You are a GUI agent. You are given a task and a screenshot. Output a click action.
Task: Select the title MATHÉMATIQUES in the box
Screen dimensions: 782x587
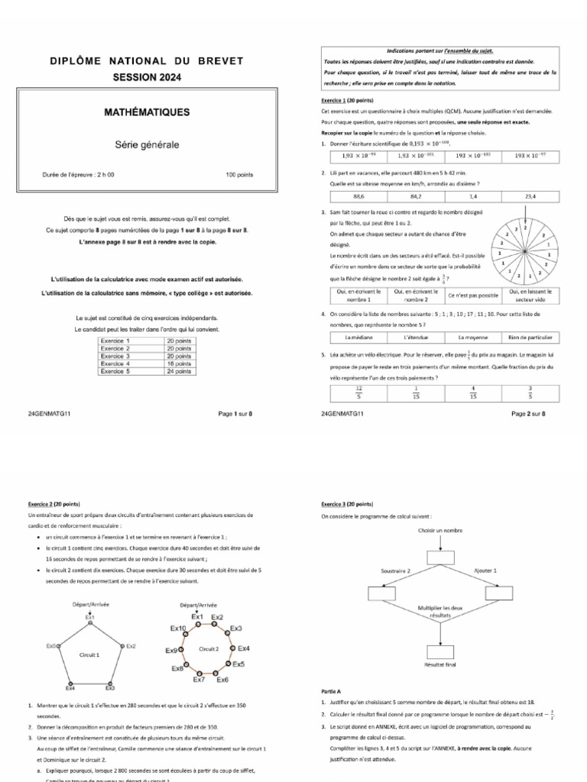click(147, 112)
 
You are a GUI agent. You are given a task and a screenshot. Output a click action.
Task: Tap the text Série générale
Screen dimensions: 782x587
click(147, 144)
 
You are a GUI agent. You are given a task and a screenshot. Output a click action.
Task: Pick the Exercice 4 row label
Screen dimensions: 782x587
click(115, 364)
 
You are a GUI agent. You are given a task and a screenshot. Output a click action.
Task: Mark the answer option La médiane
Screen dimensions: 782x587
click(358, 337)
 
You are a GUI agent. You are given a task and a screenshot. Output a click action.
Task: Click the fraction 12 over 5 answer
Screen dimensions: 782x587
click(358, 392)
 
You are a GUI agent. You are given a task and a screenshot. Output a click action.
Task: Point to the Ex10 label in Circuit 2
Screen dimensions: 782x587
click(177, 628)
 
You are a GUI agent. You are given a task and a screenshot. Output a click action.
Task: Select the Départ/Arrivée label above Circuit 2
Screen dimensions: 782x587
click(197, 604)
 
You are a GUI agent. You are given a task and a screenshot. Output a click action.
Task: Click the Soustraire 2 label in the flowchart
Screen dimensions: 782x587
click(396, 570)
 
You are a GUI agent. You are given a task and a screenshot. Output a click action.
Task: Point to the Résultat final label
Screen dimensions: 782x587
click(439, 665)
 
